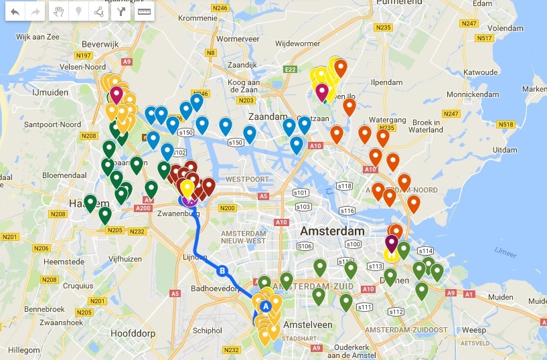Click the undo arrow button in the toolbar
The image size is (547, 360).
coord(15,12)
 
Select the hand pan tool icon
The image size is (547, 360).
coord(59,12)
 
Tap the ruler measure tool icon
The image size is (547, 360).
coord(144,12)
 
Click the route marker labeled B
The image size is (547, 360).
coord(222,270)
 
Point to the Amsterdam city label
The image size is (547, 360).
coord(333,231)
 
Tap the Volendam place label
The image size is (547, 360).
coord(491,29)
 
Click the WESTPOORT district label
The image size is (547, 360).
coord(247,179)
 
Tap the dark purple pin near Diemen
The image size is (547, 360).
coord(392,242)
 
